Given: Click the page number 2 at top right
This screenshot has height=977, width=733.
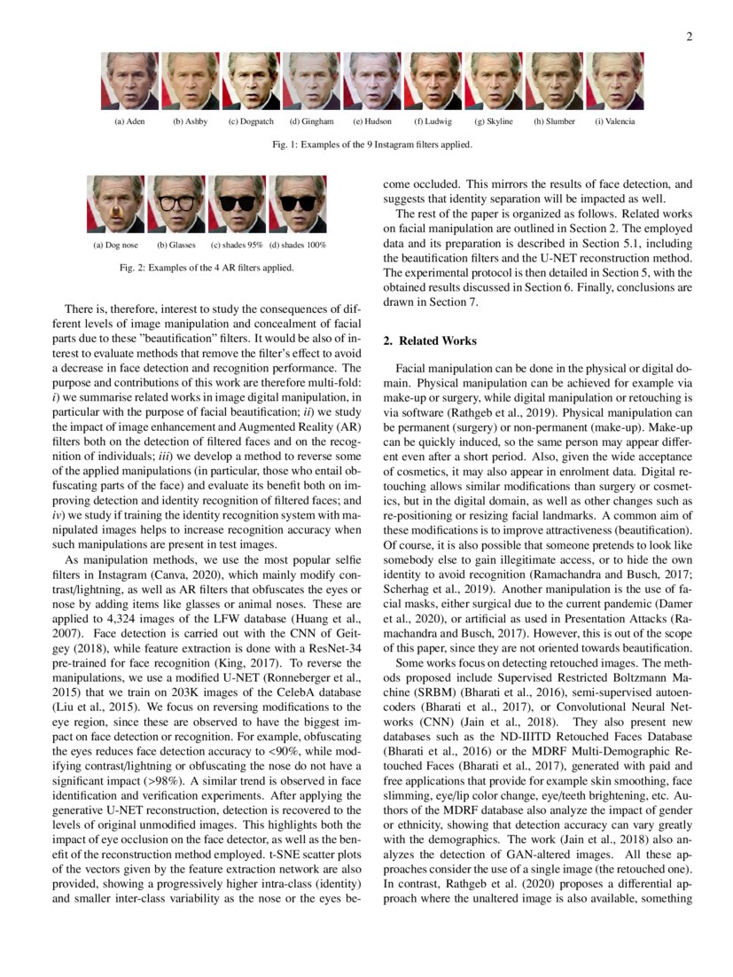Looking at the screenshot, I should click(689, 36).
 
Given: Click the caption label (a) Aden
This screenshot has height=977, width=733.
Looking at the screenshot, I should click(129, 121).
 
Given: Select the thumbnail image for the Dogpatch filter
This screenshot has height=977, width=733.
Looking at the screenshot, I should click(251, 81).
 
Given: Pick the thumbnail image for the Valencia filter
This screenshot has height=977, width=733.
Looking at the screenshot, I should click(614, 81).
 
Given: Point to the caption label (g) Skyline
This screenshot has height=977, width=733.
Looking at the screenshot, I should click(494, 121).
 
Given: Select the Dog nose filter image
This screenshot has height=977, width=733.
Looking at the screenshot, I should click(115, 204).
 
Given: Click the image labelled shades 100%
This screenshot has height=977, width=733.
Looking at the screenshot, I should click(297, 204).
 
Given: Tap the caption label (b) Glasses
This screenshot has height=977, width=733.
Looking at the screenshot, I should click(175, 245).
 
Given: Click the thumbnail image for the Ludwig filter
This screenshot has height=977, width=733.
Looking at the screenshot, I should click(433, 81).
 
